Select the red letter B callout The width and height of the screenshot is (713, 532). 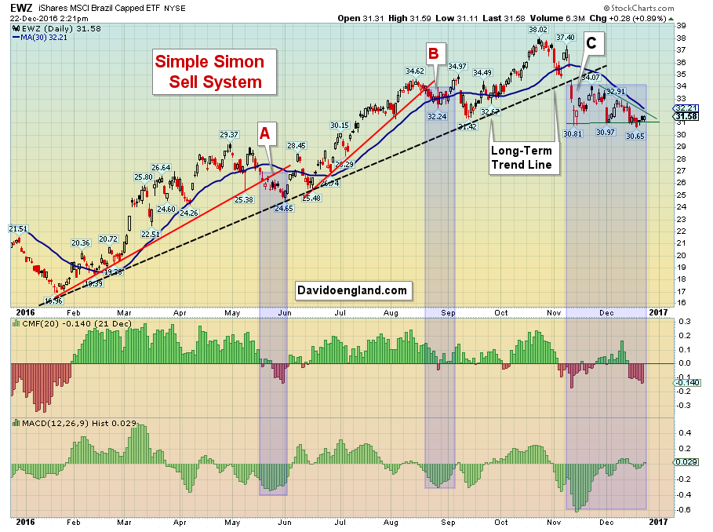pos(433,53)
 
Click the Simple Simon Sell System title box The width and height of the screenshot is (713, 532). pos(209,71)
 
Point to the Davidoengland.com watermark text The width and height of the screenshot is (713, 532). pos(352,290)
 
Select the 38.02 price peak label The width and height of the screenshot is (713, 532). pos(538,30)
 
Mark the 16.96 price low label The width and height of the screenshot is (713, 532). pos(53,301)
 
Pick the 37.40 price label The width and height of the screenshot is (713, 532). pos(566,37)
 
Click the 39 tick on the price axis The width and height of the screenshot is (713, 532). pos(681,26)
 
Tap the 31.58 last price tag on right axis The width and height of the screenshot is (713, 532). pos(686,116)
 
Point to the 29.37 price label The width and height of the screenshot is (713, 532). pos(228,134)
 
